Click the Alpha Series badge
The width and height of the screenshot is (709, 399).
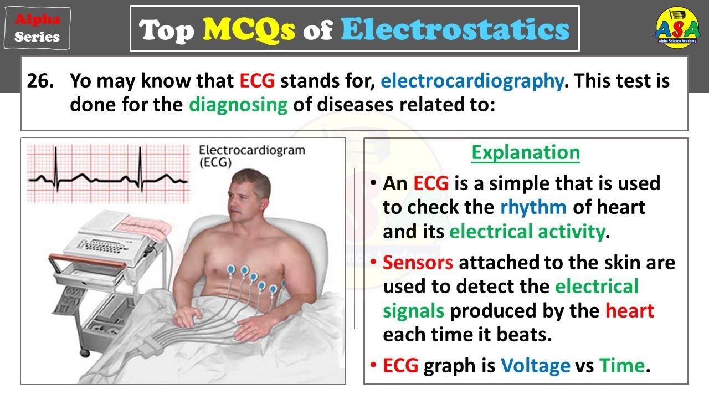pos(37,28)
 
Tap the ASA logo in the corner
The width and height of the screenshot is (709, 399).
pos(677,29)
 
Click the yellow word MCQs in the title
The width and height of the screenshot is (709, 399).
pos(249,29)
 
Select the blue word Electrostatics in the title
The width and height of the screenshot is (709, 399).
pos(455,29)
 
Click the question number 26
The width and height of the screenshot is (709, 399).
pos(41,81)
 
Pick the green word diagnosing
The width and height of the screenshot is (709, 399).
pos(238,105)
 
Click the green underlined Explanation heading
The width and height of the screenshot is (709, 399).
pos(526,152)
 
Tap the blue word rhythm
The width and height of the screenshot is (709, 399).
pos(533,207)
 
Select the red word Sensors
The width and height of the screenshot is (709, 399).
pos(418,262)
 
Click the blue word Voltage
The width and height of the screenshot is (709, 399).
pos(535,366)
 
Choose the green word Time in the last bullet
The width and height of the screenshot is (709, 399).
pos(621,366)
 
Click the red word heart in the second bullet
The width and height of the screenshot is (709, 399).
pos(629,310)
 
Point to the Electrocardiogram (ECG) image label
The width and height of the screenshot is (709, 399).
pos(251,156)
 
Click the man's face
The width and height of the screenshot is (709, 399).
pos(244,199)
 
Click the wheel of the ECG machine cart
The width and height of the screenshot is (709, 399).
pos(84,352)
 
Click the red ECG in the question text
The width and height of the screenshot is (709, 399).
pos(257,81)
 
